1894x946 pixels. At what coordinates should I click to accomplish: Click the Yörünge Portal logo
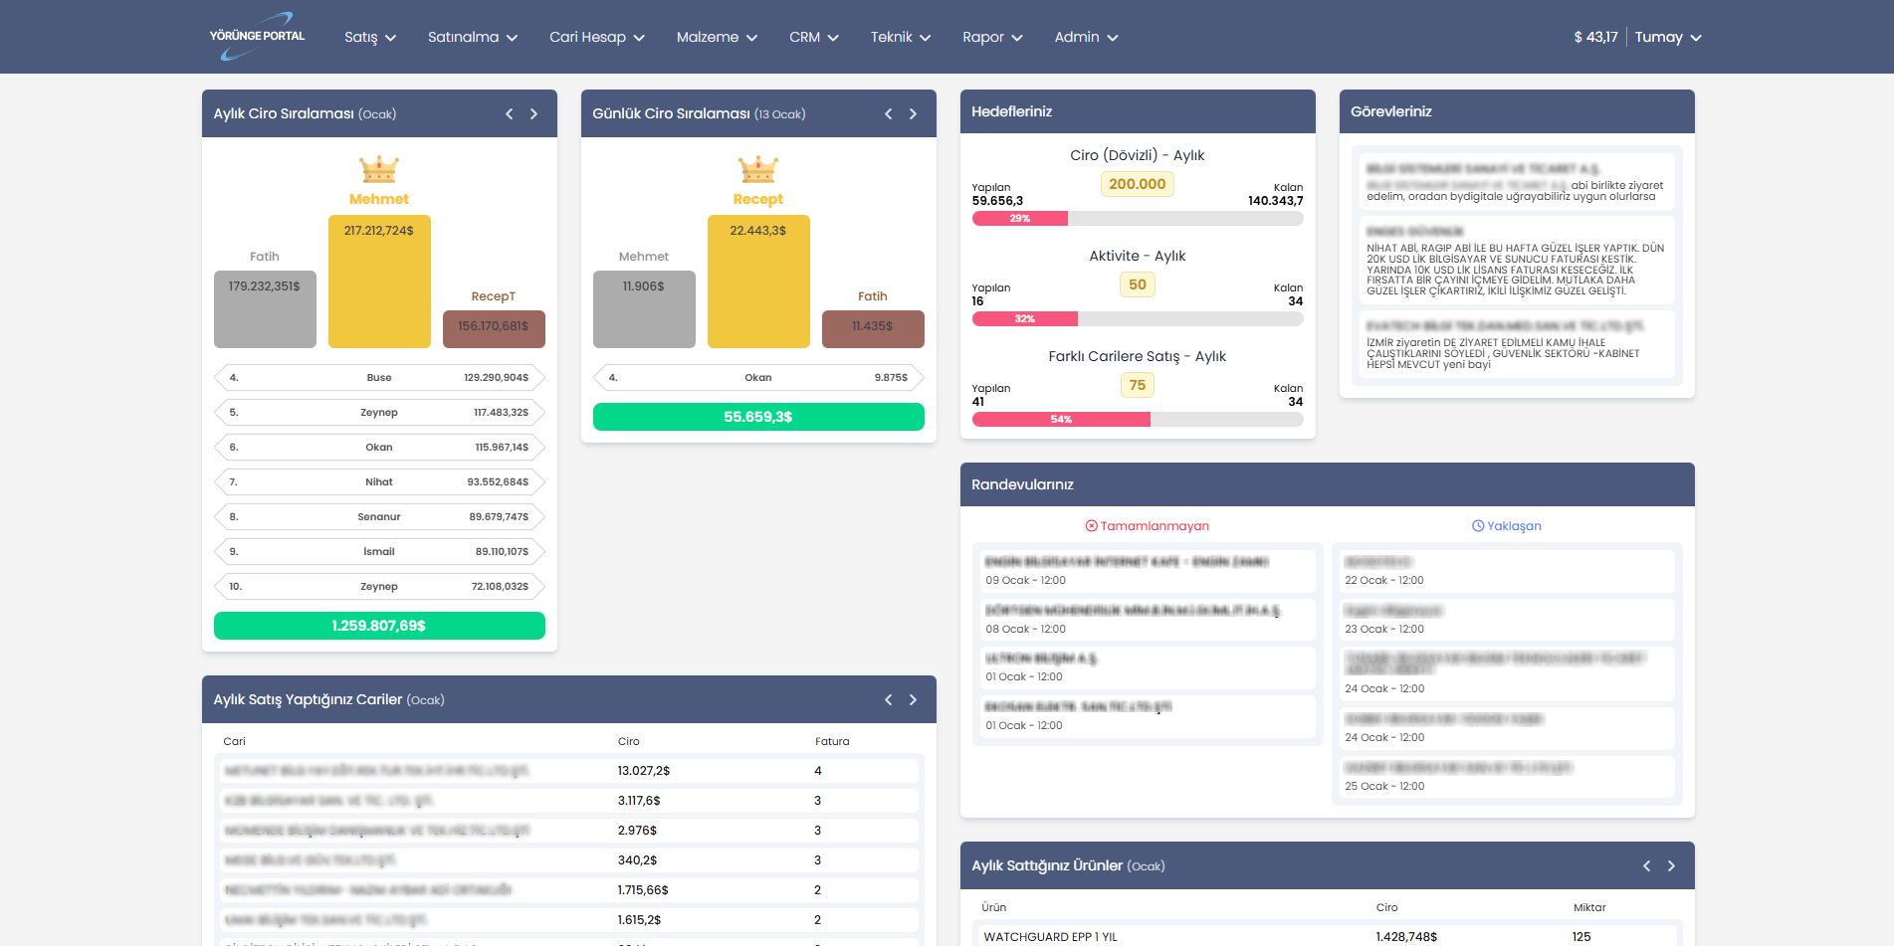(x=257, y=37)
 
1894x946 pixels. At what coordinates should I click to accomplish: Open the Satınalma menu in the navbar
(x=473, y=37)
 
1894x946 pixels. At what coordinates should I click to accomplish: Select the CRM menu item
(x=813, y=37)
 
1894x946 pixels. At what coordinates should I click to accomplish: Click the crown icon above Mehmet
(x=379, y=169)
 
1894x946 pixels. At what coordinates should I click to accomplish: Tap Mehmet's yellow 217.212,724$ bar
(x=379, y=282)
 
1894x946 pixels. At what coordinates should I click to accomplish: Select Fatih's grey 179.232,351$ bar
(x=265, y=309)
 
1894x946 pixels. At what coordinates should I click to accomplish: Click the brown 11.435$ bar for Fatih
(x=873, y=329)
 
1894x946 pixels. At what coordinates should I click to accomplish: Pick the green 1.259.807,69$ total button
(x=379, y=626)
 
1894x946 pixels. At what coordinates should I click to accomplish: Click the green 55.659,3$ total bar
(x=758, y=417)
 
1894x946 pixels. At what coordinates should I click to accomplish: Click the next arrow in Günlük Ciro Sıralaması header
(x=913, y=114)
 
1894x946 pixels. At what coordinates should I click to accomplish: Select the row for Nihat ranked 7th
(x=379, y=481)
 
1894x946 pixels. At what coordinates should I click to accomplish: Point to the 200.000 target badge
(x=1137, y=184)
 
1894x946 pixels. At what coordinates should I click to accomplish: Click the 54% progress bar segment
(x=1061, y=420)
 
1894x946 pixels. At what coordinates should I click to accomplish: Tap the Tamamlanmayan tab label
(x=1148, y=526)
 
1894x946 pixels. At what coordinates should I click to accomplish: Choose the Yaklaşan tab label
(x=1507, y=526)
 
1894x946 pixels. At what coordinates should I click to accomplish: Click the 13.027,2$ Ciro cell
(x=644, y=771)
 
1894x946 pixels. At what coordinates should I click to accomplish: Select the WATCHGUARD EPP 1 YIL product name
(x=1050, y=937)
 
